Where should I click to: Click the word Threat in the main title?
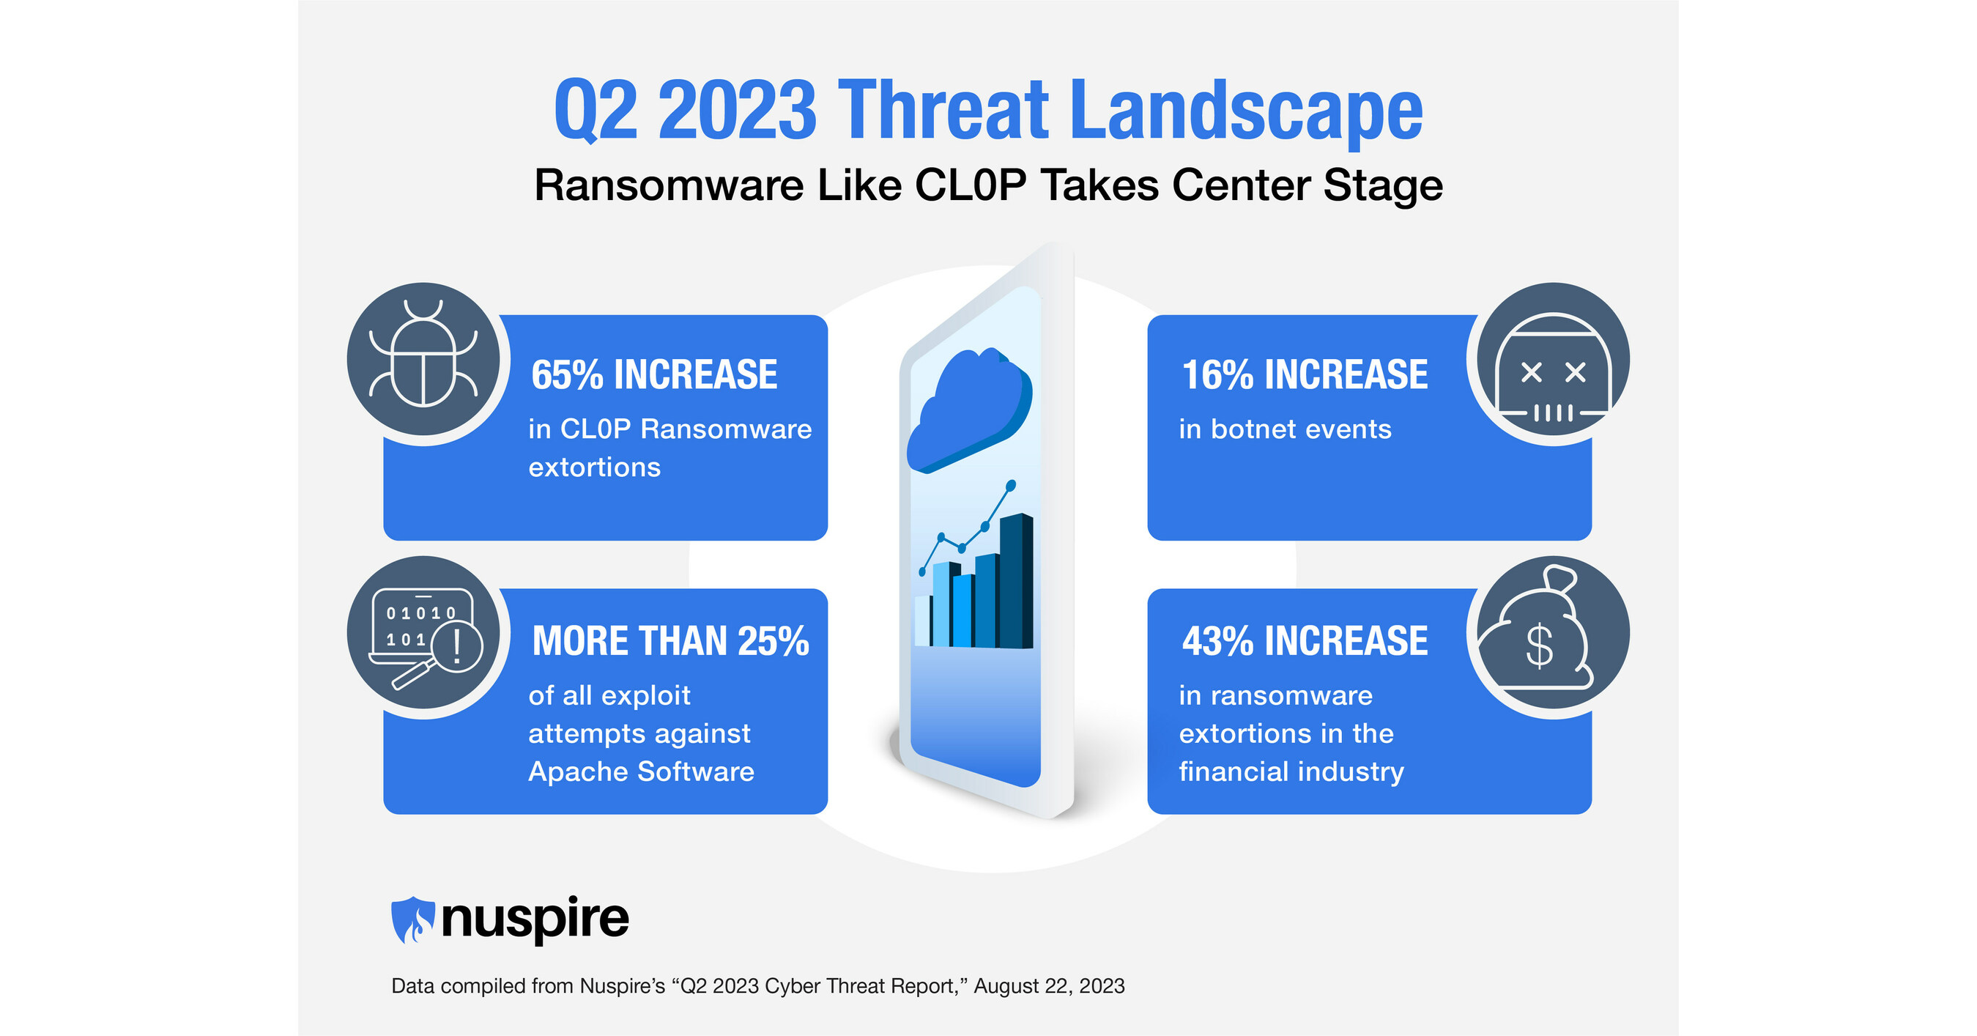pyautogui.click(x=943, y=111)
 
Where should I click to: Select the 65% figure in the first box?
pyautogui.click(x=566, y=375)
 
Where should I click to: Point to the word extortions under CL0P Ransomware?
pyautogui.click(x=594, y=467)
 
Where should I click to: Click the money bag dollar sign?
pyautogui.click(x=1540, y=647)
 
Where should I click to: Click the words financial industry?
pyautogui.click(x=1291, y=772)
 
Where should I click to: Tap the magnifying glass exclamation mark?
pyautogui.click(x=457, y=645)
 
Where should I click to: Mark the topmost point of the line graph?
pyautogui.click(x=1011, y=485)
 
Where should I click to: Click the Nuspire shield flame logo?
pyautogui.click(x=412, y=920)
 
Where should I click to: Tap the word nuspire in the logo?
pyautogui.click(x=535, y=919)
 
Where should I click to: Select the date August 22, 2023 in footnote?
pyautogui.click(x=1048, y=986)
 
